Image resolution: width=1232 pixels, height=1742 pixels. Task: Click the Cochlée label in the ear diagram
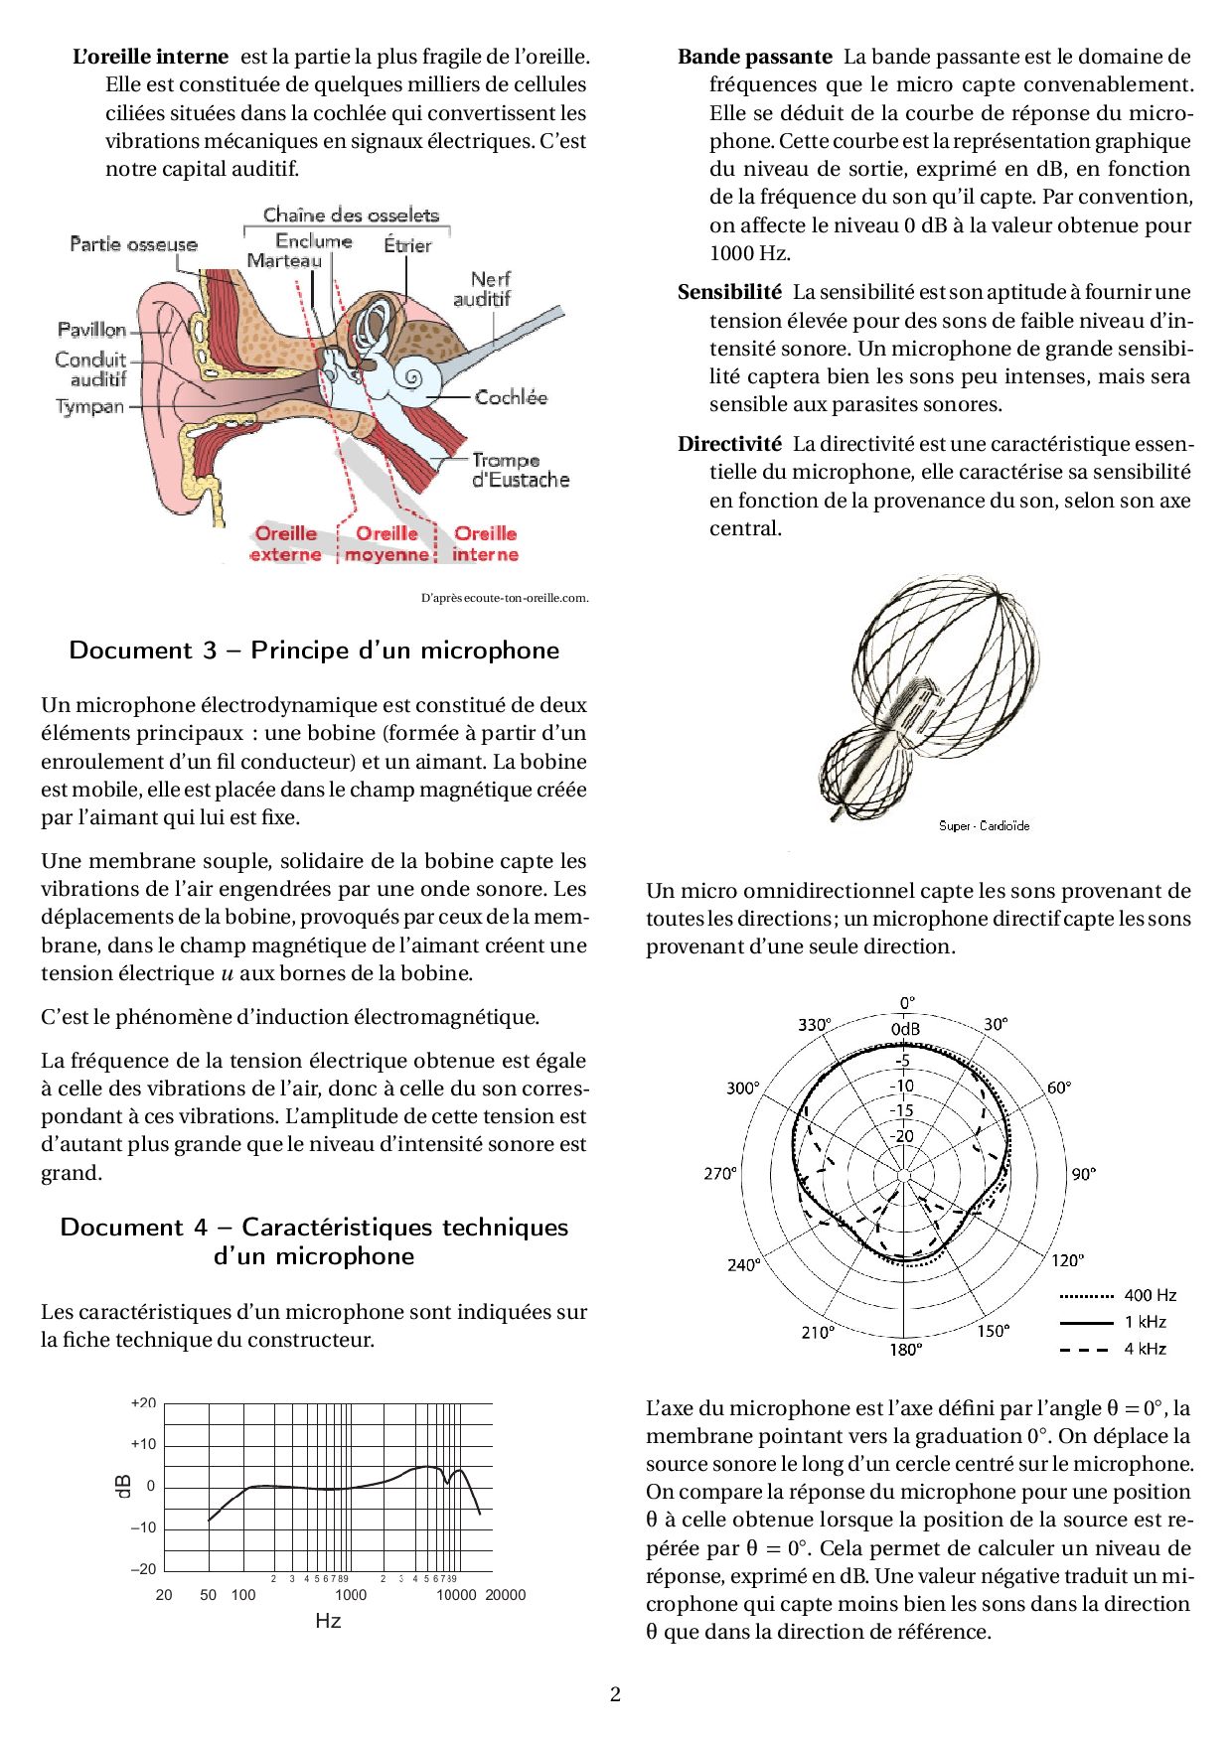(x=511, y=397)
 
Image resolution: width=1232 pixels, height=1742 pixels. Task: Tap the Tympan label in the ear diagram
(x=90, y=406)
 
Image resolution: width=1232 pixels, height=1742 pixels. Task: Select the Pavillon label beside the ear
(x=92, y=330)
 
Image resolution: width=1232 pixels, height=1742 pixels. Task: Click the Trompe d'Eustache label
(x=520, y=470)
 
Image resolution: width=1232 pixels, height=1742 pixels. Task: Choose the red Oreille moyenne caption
(x=386, y=544)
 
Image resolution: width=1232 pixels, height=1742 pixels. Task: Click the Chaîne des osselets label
(x=351, y=215)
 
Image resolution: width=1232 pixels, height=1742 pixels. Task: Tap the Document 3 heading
(x=314, y=651)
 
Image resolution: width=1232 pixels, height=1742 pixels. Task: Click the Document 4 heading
(x=314, y=1241)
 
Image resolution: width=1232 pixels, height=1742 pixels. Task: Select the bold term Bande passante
(x=755, y=58)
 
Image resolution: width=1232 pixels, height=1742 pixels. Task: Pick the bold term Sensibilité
(x=729, y=292)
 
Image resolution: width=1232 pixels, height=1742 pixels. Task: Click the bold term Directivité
(x=729, y=444)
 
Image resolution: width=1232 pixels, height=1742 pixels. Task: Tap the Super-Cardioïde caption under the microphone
(x=984, y=826)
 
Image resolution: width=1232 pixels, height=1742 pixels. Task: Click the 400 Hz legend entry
(x=1150, y=1295)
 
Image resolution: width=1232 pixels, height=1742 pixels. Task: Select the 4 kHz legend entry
(x=1145, y=1349)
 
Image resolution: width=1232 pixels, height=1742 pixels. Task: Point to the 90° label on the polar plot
(x=1083, y=1174)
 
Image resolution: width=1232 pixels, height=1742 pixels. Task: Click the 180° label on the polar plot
(x=905, y=1349)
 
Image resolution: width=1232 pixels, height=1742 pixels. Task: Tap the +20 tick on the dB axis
(x=143, y=1402)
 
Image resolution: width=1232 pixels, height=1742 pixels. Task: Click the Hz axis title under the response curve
(x=328, y=1621)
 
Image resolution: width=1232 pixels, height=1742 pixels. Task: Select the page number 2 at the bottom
(x=615, y=1694)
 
